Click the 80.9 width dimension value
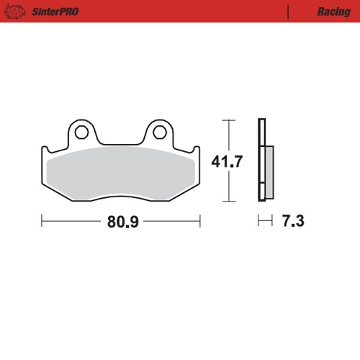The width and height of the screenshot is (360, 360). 123,222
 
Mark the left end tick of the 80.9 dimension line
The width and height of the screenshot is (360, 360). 42,221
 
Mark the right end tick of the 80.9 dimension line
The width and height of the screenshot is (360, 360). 200,221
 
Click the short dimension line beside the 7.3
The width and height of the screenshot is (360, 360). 264,221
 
